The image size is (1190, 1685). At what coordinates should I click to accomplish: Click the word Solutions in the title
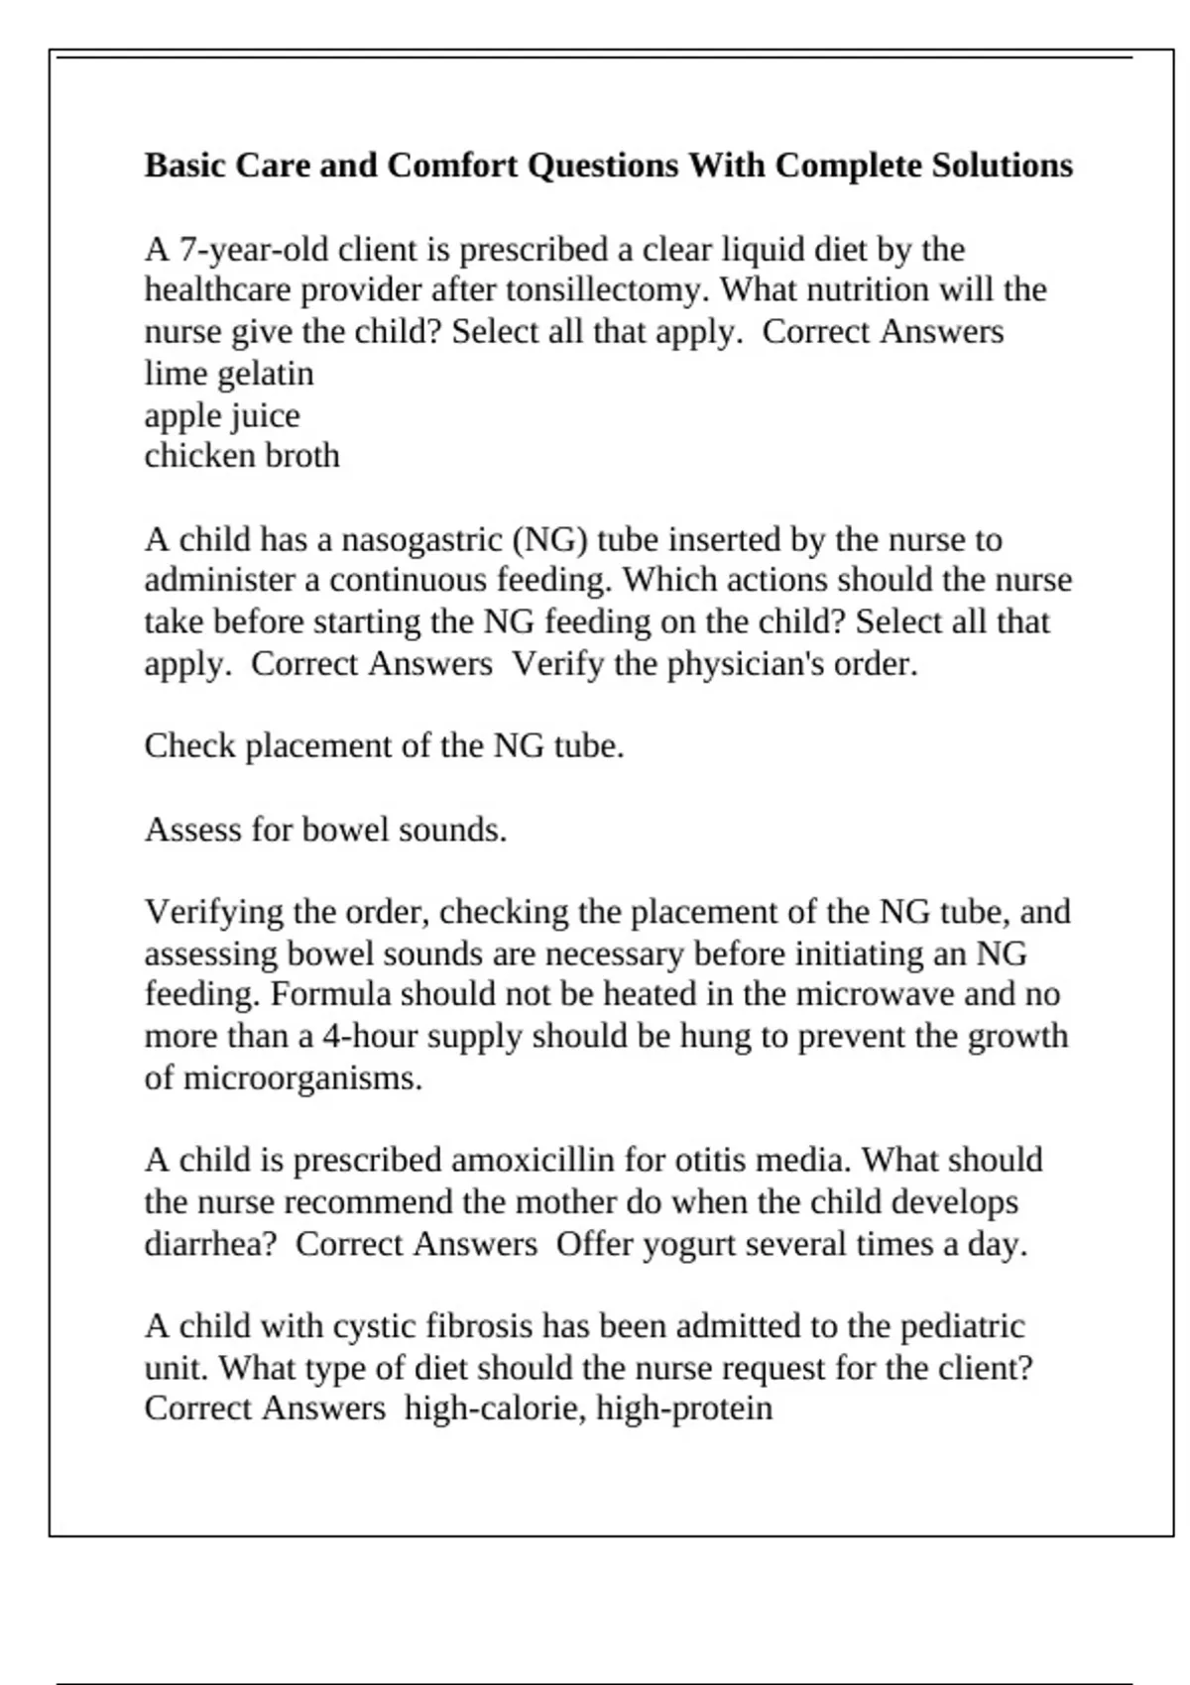[1002, 165]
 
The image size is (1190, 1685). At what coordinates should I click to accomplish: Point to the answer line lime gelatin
[229, 374]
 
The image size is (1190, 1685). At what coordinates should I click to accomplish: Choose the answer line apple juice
[222, 415]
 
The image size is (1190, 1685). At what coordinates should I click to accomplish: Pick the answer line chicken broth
[242, 456]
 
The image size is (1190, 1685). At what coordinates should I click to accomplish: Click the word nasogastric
[422, 540]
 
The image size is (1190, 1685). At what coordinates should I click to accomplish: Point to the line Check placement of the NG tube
[384, 746]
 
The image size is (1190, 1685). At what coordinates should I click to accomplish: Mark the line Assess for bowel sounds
[325, 830]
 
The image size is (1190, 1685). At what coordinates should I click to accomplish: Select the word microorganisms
[302, 1078]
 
